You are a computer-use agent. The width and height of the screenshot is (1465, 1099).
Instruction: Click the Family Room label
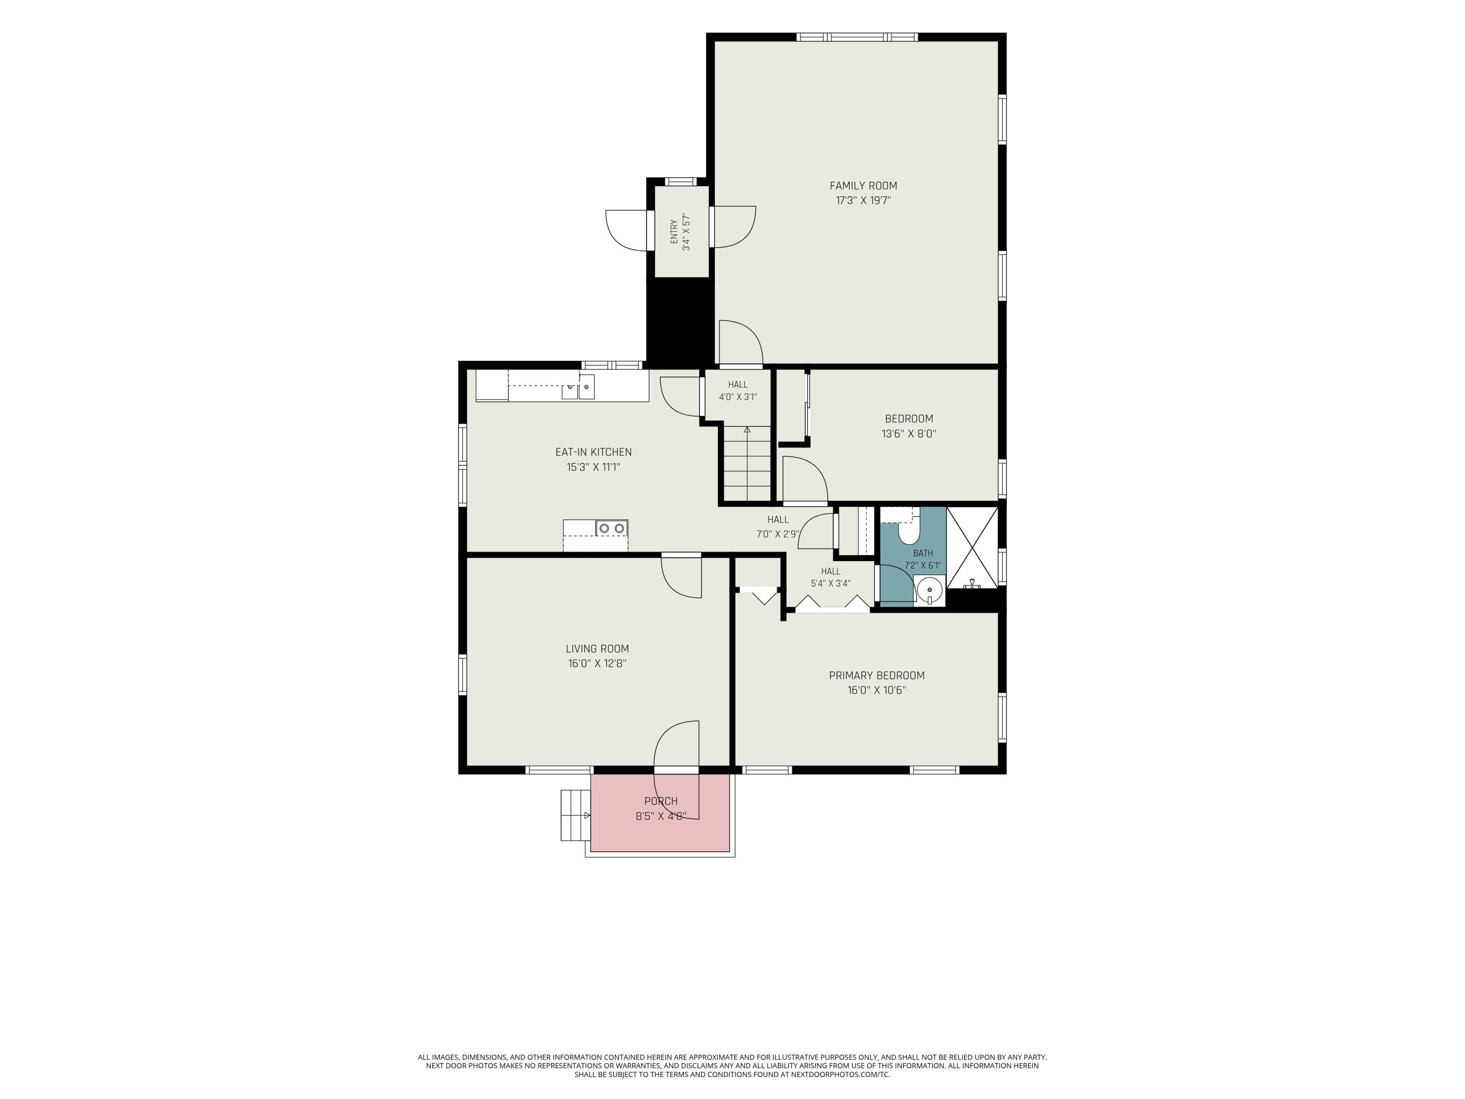point(863,186)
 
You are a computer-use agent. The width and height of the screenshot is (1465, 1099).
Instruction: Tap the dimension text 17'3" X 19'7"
point(863,201)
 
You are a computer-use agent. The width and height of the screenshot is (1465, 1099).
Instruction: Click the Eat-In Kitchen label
point(593,452)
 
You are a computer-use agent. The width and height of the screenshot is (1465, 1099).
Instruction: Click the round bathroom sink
point(930,589)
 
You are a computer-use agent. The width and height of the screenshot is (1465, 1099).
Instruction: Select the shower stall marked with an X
point(972,548)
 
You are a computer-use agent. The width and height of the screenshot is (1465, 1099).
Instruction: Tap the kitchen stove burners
point(612,528)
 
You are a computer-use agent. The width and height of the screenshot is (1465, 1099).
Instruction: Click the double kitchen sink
point(578,386)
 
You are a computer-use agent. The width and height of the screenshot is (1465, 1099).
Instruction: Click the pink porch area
point(660,813)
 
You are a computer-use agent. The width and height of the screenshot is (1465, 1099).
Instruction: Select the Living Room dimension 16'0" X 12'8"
point(597,664)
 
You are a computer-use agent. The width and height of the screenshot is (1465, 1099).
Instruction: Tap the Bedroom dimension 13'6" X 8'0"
point(909,434)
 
